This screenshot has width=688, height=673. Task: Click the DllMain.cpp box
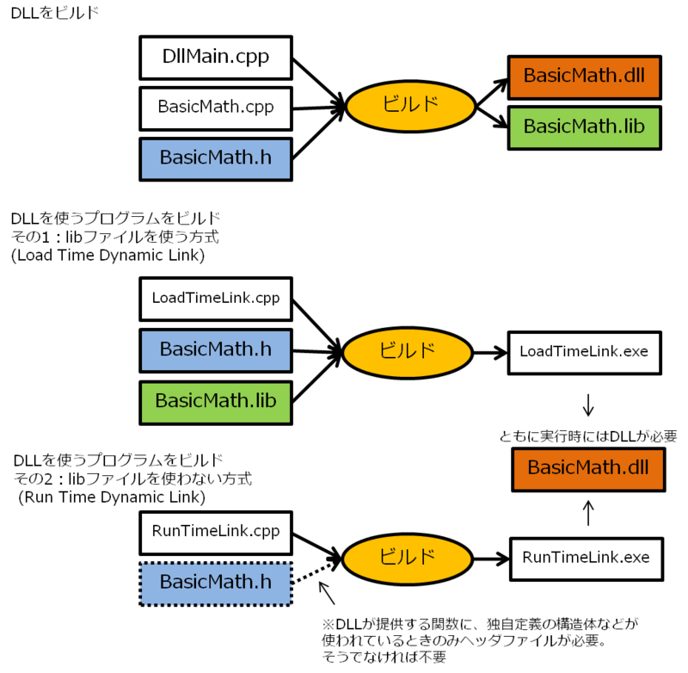click(x=216, y=57)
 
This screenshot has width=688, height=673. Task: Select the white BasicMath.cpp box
click(x=216, y=108)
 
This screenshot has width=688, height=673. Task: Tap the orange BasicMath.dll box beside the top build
click(x=584, y=76)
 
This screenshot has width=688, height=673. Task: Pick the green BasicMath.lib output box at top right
click(x=584, y=127)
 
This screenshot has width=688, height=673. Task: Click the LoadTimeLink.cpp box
click(x=216, y=299)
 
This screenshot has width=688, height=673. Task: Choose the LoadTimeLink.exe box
click(x=584, y=351)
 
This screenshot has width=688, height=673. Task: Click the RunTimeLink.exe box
click(x=587, y=558)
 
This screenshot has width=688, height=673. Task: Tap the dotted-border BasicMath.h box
click(x=216, y=583)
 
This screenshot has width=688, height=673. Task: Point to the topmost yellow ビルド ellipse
click(x=410, y=106)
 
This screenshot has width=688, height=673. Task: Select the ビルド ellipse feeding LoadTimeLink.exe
click(x=407, y=351)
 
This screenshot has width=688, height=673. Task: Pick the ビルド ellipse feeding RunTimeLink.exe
click(x=407, y=558)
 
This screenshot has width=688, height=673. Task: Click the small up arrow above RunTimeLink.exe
click(x=588, y=514)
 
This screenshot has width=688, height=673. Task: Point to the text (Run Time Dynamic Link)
click(x=112, y=497)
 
